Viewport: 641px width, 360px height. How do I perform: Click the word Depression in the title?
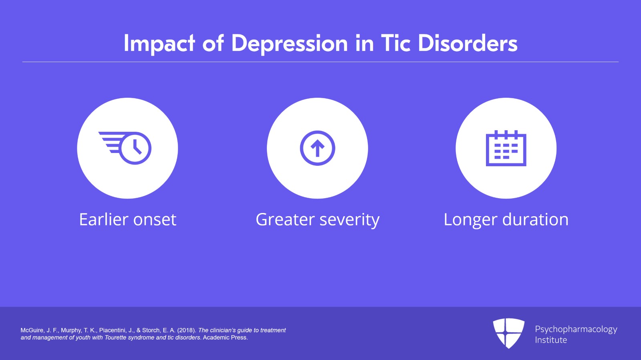[x=289, y=44]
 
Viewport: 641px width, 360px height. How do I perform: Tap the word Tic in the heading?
[x=395, y=43]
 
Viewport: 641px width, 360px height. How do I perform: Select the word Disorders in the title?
[x=468, y=43]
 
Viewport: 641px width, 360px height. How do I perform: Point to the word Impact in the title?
[x=159, y=44]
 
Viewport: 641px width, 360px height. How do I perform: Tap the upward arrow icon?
[x=317, y=148]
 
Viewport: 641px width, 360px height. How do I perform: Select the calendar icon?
[x=506, y=148]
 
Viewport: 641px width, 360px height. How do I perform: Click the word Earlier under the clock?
[x=103, y=219]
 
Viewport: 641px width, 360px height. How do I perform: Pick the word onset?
[x=155, y=220]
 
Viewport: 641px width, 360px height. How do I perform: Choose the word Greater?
[x=285, y=220]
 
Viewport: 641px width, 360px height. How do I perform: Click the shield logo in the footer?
[x=508, y=333]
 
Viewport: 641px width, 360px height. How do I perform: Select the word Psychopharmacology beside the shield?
[x=576, y=330]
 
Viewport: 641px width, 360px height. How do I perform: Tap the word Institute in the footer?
[x=551, y=340]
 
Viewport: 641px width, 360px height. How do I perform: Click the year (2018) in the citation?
[x=187, y=330]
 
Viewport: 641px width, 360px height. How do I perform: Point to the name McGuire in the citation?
[x=32, y=330]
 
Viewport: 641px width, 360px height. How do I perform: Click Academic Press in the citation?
[x=225, y=338]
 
